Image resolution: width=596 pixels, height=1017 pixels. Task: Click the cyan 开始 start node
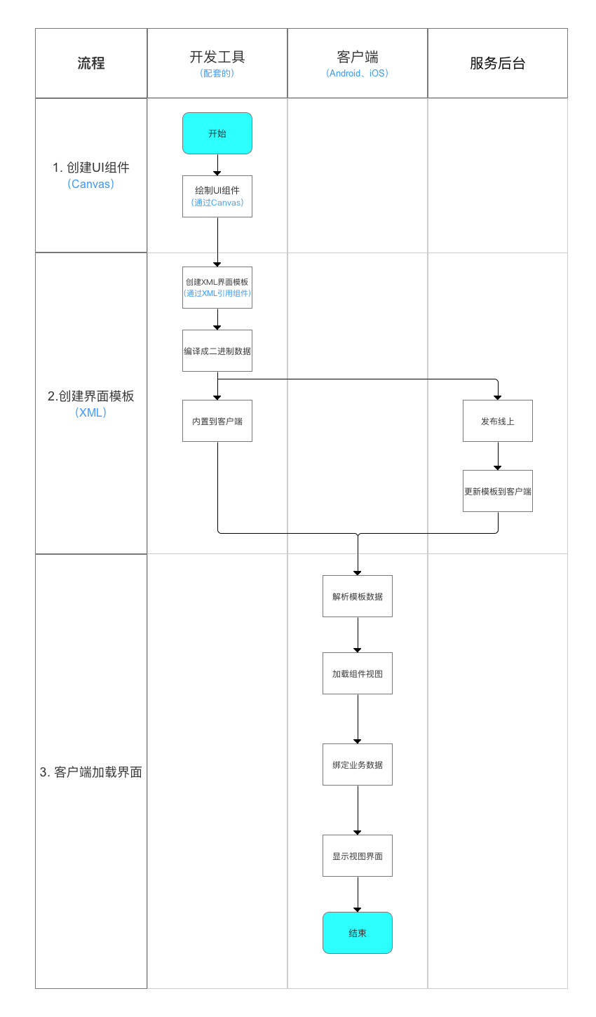pyautogui.click(x=217, y=133)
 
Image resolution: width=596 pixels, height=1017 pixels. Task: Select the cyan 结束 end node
pyautogui.click(x=358, y=933)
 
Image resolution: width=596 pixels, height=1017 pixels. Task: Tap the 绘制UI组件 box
pyautogui.click(x=217, y=196)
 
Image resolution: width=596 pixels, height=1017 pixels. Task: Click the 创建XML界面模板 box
pyautogui.click(x=217, y=288)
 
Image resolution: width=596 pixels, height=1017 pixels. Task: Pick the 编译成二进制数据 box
pyautogui.click(x=217, y=351)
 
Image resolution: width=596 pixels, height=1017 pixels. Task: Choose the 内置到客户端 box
pyautogui.click(x=217, y=421)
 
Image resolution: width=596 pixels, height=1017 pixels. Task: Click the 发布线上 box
pyautogui.click(x=498, y=421)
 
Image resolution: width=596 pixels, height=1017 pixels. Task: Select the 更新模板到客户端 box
pyautogui.click(x=498, y=491)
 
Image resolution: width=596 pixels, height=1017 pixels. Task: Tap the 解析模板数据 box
pyautogui.click(x=358, y=596)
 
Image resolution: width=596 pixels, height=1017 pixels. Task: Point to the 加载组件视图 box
pyautogui.click(x=358, y=673)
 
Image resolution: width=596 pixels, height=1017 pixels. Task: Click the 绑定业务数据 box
pyautogui.click(x=358, y=765)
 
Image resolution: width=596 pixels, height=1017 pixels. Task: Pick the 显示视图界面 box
pyautogui.click(x=358, y=856)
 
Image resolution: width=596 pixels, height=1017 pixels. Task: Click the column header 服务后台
pyautogui.click(x=498, y=63)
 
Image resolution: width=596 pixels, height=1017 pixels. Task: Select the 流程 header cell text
pyautogui.click(x=91, y=63)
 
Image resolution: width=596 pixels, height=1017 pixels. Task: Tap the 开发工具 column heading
pyautogui.click(x=217, y=57)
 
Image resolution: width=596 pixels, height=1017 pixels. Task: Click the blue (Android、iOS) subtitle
pyautogui.click(x=358, y=74)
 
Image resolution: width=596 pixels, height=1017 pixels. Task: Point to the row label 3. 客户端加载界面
pyautogui.click(x=91, y=772)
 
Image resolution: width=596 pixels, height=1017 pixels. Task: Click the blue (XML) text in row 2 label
pyautogui.click(x=91, y=412)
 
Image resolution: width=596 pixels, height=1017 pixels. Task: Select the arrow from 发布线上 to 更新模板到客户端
pyautogui.click(x=498, y=456)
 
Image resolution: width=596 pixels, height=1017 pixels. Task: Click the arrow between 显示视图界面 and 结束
pyautogui.click(x=358, y=894)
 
